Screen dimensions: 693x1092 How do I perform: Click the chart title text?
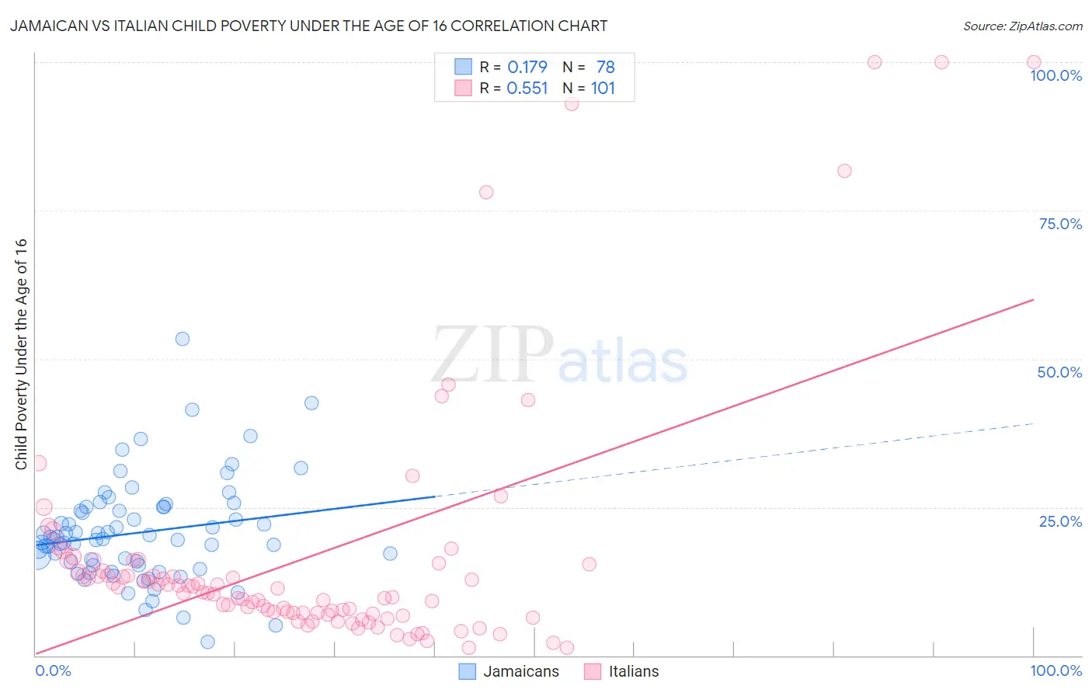308,26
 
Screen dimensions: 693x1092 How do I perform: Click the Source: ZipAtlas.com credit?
1022,26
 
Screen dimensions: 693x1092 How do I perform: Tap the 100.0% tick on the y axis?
1055,75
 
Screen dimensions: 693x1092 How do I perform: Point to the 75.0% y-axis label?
1060,224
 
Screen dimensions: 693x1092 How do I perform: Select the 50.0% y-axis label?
1059,372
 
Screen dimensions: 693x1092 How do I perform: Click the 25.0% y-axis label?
1060,521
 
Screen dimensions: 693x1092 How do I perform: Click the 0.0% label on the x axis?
53,670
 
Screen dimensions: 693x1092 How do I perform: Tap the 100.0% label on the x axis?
1055,670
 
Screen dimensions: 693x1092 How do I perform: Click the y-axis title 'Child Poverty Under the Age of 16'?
22,353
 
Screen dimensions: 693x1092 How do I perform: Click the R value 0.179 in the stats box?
527,67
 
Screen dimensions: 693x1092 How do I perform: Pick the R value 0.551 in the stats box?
527,88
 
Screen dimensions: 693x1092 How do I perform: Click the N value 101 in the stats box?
603,88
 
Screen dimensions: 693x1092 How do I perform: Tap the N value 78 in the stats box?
606,67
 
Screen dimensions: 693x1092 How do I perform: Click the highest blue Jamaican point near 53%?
183,339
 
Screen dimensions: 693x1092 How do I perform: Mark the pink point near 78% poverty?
486,192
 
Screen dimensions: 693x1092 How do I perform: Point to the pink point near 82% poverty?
844,171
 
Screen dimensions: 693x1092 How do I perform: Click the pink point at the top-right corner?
1034,62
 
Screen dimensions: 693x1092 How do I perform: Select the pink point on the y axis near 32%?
38,463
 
